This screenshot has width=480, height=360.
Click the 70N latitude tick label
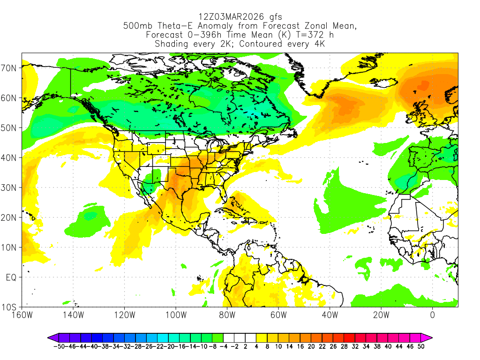(x=9, y=67)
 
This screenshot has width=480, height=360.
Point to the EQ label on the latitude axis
(x=11, y=277)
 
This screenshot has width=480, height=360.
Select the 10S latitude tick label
(x=9, y=307)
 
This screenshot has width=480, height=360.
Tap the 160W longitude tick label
(x=22, y=315)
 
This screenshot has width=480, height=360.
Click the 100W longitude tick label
(x=175, y=315)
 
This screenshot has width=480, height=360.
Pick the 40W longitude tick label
(x=330, y=315)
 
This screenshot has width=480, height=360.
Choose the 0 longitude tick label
(x=432, y=315)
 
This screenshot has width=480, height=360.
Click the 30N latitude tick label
(x=9, y=187)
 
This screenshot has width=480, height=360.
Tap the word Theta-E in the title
(x=175, y=26)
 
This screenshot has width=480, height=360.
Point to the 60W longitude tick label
(x=278, y=315)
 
